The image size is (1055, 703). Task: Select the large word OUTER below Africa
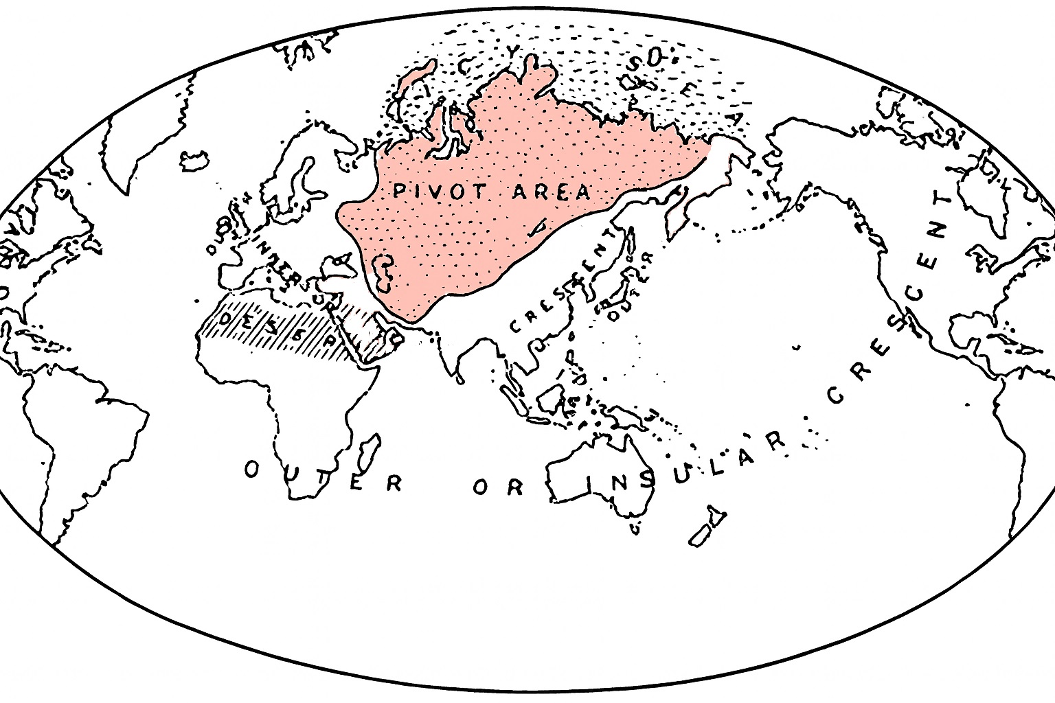(322, 477)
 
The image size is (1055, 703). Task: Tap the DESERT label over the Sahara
(275, 327)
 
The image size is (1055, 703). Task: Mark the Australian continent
(604, 474)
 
